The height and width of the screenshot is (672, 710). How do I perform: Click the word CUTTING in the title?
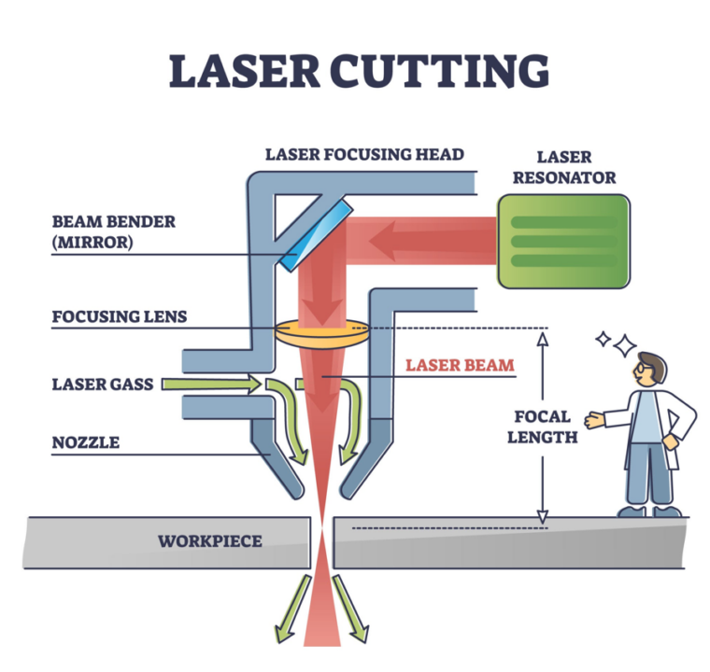point(450,72)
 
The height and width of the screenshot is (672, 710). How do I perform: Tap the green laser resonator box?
point(563,240)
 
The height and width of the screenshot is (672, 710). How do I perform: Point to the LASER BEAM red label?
point(460,365)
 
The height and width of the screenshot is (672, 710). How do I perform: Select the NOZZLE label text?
point(86,441)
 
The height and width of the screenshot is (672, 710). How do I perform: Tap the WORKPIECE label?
point(209,540)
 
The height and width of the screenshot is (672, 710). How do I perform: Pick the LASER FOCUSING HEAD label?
point(364,154)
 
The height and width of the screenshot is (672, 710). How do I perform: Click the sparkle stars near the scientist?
point(613,343)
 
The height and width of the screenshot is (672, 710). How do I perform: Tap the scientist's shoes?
point(649,511)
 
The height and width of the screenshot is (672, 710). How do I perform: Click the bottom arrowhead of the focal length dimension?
point(543,516)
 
